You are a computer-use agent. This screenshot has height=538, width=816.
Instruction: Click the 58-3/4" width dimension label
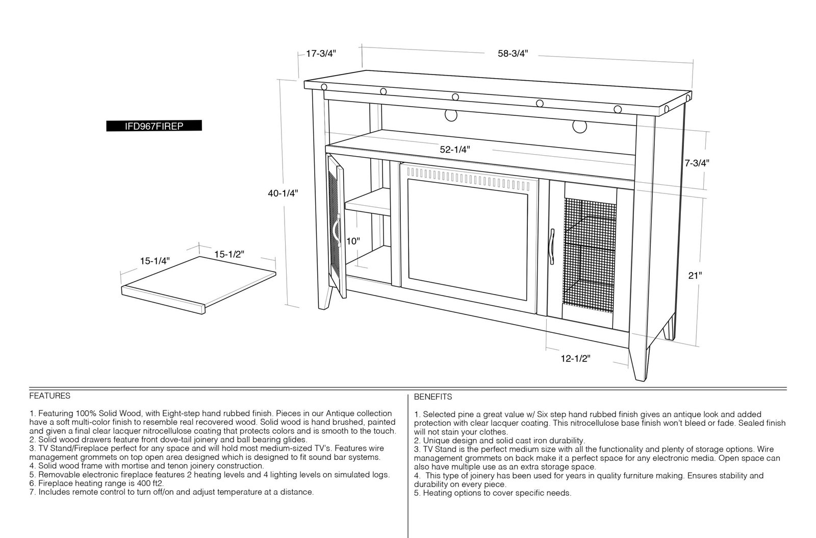tap(513, 54)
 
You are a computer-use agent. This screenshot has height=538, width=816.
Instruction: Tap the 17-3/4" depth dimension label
tap(321, 54)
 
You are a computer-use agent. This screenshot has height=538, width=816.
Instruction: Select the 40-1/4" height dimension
tap(283, 193)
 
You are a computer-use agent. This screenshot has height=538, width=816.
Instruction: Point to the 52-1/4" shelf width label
tap(455, 150)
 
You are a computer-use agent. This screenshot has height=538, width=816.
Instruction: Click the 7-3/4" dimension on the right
tap(697, 163)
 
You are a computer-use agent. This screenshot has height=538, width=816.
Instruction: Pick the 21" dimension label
tap(695, 276)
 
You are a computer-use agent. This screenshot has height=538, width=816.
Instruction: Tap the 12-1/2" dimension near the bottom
tap(576, 359)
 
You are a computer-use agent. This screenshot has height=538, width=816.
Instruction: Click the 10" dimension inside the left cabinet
tap(353, 241)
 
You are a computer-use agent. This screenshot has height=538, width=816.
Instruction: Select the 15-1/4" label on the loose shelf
tap(155, 261)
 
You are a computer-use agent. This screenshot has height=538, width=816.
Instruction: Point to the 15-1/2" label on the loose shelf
tap(229, 254)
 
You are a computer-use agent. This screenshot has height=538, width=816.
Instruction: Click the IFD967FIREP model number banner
tap(154, 126)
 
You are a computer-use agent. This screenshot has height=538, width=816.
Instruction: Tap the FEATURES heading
tap(50, 396)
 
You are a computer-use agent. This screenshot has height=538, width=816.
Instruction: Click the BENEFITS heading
tap(433, 397)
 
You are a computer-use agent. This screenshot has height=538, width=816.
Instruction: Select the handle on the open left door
tap(336, 230)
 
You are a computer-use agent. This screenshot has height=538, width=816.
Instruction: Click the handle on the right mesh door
tap(552, 247)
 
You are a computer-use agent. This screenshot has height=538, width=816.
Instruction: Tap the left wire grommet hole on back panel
tap(451, 115)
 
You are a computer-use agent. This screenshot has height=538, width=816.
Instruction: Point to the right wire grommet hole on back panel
tap(579, 127)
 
